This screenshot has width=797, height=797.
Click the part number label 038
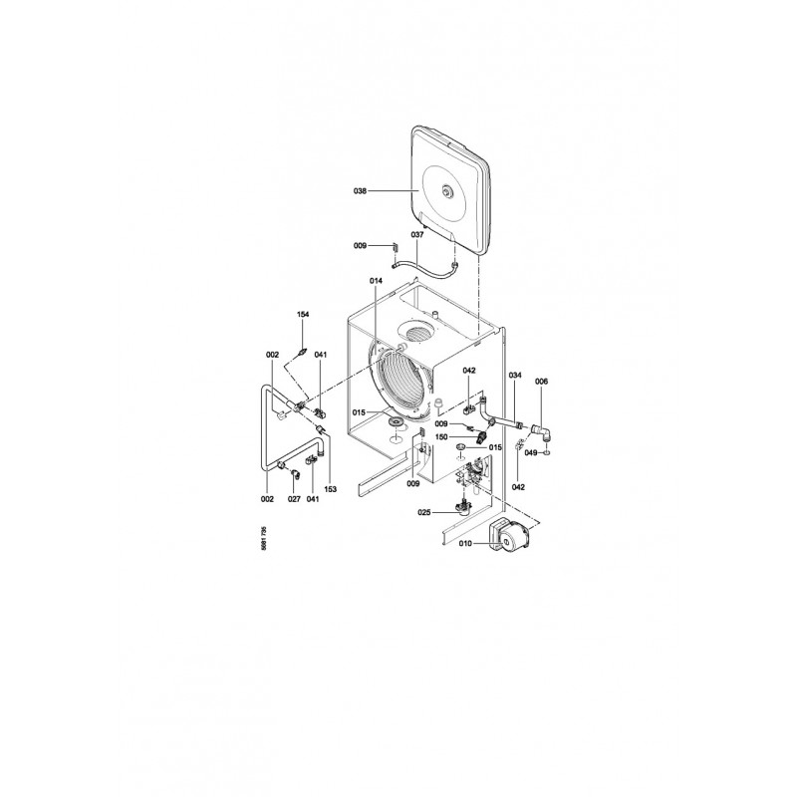tap(360, 191)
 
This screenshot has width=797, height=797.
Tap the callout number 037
tap(417, 235)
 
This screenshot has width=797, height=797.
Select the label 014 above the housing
tap(377, 281)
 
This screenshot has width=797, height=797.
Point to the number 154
tap(303, 315)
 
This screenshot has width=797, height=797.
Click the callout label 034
tap(515, 376)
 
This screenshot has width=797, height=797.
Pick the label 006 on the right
tap(541, 382)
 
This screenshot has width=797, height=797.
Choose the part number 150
tap(441, 437)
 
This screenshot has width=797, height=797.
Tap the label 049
tap(531, 453)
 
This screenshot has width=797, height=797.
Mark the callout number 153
tap(331, 489)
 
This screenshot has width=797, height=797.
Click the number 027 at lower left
tap(294, 499)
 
